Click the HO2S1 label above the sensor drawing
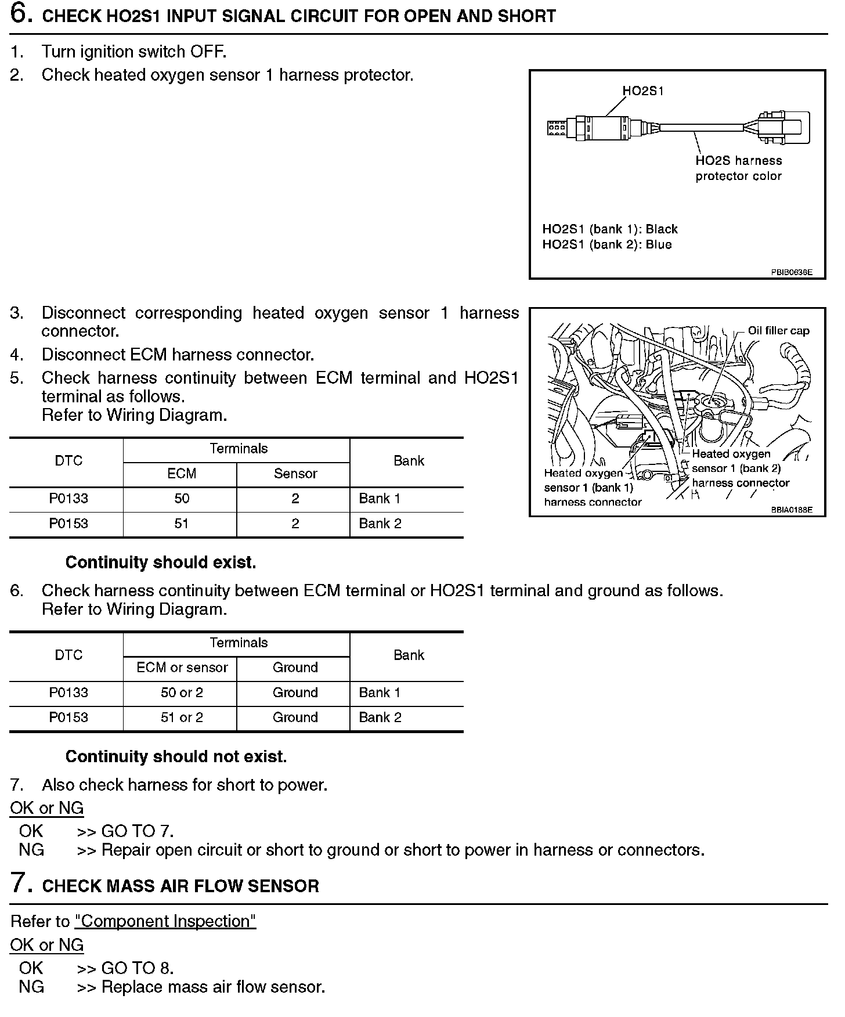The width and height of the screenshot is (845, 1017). [643, 91]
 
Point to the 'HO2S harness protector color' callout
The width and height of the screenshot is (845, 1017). [738, 168]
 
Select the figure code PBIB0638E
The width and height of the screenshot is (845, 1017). [792, 272]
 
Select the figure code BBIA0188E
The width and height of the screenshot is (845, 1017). [792, 510]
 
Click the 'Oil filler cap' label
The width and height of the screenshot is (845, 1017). [778, 331]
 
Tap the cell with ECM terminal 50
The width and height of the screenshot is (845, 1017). [182, 499]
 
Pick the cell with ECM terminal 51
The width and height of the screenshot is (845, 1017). [182, 524]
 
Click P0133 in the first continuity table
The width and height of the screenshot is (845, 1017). [68, 499]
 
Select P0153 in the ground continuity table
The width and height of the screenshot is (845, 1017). [68, 717]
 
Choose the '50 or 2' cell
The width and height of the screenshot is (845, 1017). [182, 693]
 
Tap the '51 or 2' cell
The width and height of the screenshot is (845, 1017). [182, 717]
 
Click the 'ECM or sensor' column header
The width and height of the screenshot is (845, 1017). [182, 668]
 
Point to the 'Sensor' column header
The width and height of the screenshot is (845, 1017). [295, 474]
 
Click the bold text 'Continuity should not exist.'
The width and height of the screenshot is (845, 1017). [176, 757]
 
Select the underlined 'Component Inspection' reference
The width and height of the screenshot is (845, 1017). [165, 921]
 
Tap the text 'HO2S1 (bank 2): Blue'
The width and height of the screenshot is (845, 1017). [606, 244]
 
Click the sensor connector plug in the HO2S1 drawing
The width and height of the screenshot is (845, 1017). [783, 127]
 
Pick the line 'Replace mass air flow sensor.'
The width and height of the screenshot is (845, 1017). [213, 987]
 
